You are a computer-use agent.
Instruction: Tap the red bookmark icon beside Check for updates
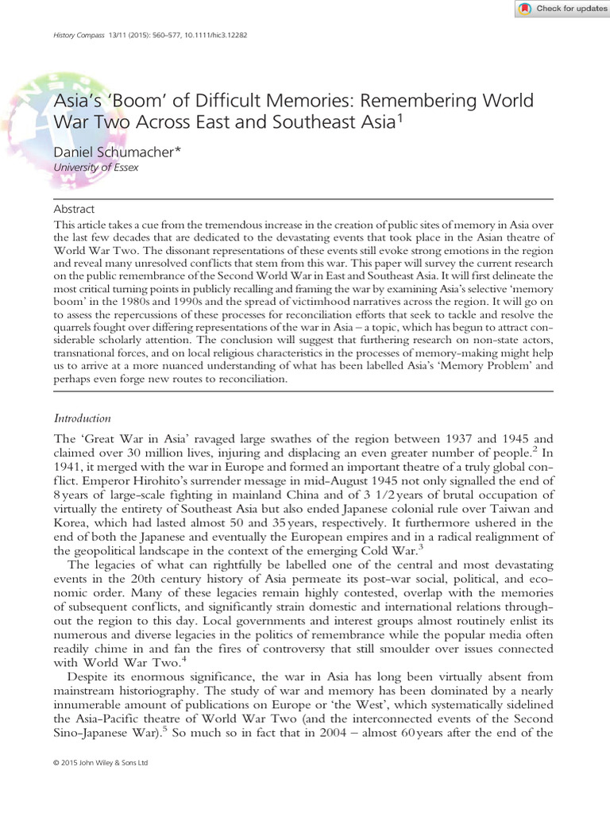(x=525, y=9)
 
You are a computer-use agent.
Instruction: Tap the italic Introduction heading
(x=82, y=418)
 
